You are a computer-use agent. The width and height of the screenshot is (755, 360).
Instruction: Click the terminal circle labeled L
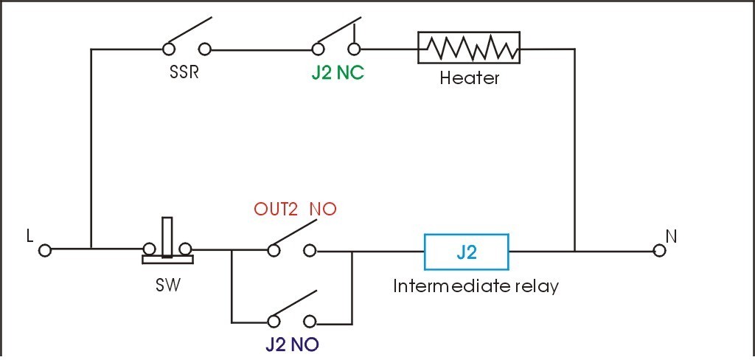tap(45, 250)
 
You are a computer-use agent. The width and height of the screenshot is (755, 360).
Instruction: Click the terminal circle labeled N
tap(660, 250)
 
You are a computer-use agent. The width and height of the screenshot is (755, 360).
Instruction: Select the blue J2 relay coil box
tap(466, 252)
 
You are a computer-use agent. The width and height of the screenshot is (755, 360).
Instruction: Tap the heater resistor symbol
tap(469, 49)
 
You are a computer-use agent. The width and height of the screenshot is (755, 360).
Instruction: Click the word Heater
tap(469, 77)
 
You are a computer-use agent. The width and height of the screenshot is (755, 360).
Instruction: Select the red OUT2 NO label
tap(295, 210)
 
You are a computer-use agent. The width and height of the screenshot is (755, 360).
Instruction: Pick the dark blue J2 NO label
tap(293, 345)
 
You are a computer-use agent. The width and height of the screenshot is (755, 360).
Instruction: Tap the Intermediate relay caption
tap(476, 285)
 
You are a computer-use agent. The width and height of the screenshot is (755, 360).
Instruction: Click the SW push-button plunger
tap(167, 236)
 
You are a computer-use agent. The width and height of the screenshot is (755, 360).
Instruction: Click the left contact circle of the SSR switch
tap(169, 49)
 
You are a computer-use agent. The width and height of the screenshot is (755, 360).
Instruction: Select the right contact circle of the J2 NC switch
tap(355, 49)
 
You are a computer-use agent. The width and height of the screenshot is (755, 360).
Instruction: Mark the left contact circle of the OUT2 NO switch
tap(274, 250)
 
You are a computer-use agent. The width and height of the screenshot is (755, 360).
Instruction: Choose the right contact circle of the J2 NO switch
tap(310, 322)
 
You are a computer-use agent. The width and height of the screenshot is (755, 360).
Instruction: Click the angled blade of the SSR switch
tap(190, 33)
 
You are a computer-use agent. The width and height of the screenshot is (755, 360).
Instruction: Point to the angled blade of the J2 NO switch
tap(294, 305)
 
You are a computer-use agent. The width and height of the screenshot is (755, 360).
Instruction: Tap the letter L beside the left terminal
tap(29, 235)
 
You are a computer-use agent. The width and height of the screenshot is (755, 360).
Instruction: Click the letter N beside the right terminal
tap(672, 235)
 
